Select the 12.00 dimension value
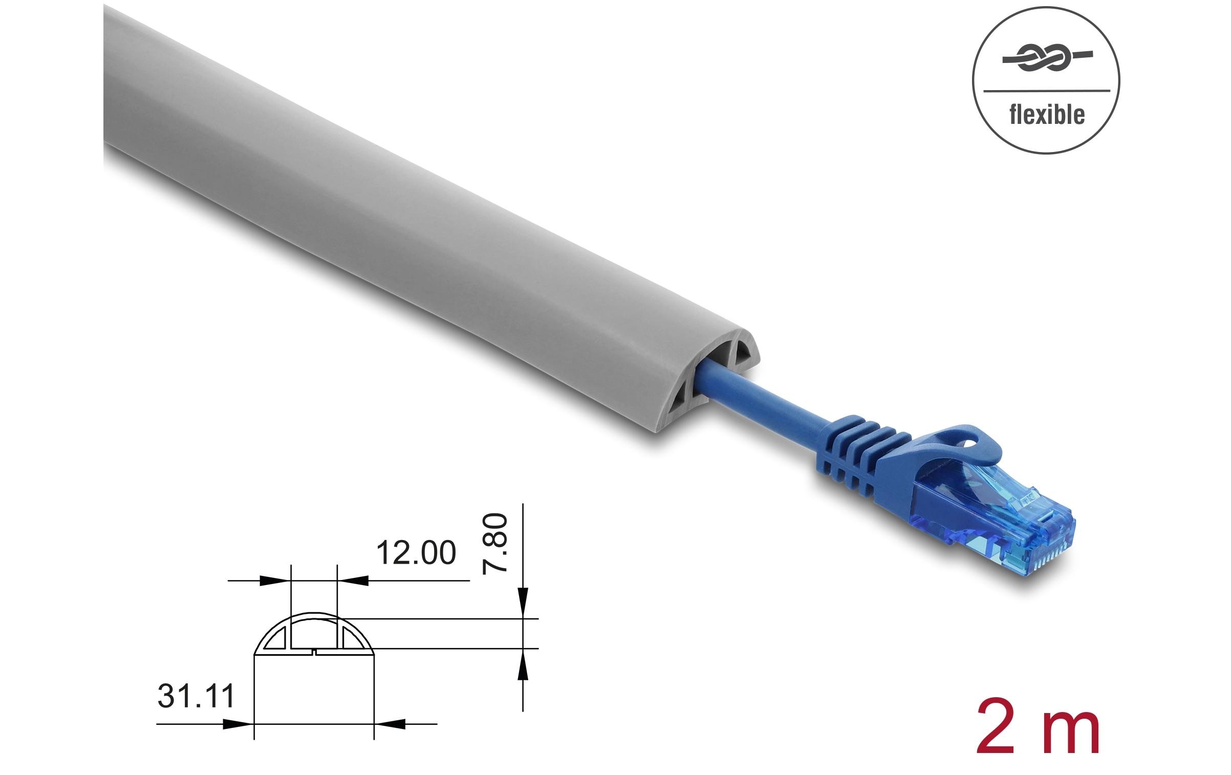[415, 553]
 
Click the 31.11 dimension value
[196, 697]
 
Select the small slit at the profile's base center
[314, 653]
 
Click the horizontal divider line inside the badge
[1046, 92]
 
